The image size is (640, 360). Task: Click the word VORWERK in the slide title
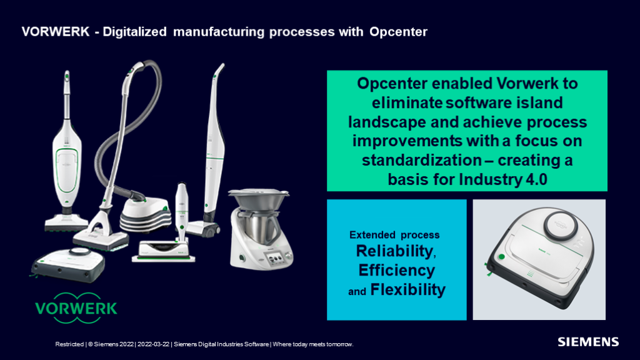[56, 32]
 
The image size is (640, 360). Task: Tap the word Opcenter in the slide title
[398, 32]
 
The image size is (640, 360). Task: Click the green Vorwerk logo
[76, 308]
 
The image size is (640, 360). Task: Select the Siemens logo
[588, 342]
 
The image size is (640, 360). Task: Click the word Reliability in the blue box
[394, 251]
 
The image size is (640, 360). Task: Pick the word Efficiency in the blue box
[396, 270]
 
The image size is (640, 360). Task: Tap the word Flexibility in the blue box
[407, 290]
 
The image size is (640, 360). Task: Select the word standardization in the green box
[421, 160]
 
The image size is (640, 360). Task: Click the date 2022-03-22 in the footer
[154, 344]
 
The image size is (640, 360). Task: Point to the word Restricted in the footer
[69, 344]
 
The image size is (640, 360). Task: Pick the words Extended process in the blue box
[394, 235]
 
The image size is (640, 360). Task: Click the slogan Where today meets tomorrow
[312, 344]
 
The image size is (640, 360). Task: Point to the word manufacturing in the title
[218, 32]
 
